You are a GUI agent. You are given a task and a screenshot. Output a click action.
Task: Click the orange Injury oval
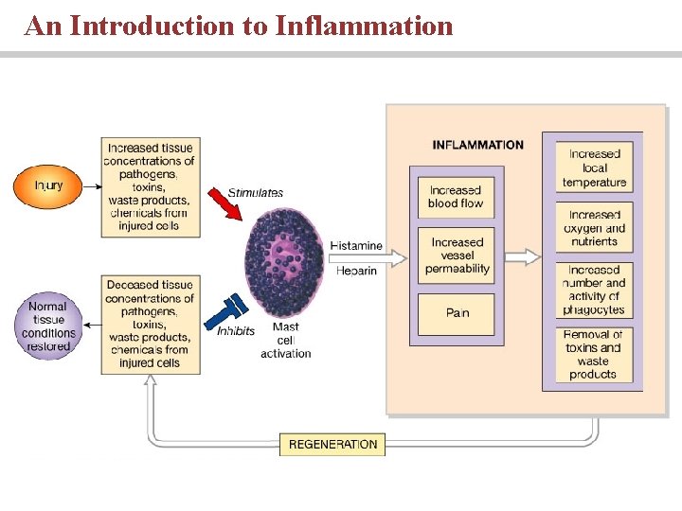[x=47, y=185]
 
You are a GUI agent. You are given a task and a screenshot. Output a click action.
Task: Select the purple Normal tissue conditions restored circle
[x=48, y=326]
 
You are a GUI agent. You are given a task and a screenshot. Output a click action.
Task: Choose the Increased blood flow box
[x=456, y=197]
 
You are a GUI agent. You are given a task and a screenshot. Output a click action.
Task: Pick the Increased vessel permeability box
[x=456, y=255]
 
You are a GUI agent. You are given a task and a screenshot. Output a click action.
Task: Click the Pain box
[x=456, y=313]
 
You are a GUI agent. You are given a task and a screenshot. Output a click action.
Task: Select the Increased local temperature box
[x=594, y=167]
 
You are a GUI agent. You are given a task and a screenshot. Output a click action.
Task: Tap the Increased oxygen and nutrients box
[x=594, y=228]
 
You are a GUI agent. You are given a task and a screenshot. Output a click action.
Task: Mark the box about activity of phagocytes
[x=594, y=290]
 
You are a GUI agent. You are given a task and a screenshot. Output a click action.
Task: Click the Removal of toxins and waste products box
[x=594, y=354]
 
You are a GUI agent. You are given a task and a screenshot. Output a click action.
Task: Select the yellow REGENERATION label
[x=332, y=444]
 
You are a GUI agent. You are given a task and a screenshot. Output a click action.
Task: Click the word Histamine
[x=356, y=246]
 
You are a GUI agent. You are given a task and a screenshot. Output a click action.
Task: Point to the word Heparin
[x=356, y=271]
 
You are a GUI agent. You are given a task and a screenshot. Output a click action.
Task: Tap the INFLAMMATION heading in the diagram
[x=477, y=145]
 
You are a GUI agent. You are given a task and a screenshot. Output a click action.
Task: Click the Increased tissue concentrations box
[x=150, y=187]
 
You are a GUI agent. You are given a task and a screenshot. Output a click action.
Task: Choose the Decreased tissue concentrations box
[x=150, y=324]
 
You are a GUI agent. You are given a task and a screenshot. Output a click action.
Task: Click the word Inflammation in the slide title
[x=364, y=26]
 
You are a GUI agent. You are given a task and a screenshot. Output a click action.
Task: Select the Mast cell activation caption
[x=285, y=341]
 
